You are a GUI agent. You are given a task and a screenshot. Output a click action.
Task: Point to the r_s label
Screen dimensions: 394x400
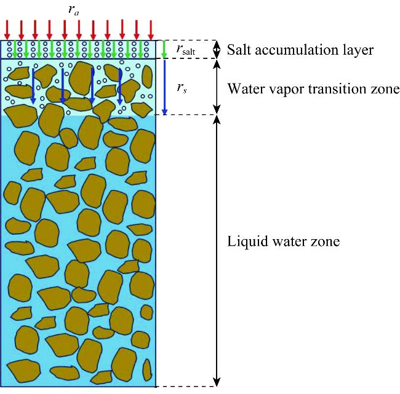click(x=182, y=89)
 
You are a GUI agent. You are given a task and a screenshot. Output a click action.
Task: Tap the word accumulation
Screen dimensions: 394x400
click(x=292, y=49)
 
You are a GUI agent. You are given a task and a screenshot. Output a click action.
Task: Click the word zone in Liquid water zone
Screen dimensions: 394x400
click(x=327, y=242)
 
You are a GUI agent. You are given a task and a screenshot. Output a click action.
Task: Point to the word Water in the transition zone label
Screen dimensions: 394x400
click(x=244, y=89)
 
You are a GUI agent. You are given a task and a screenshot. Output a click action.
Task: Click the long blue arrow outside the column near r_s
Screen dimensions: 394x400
click(x=164, y=86)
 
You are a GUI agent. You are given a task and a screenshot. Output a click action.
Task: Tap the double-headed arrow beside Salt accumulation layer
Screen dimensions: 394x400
click(x=215, y=49)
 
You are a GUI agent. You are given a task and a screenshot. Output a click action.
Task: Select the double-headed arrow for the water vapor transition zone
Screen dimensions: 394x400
click(x=215, y=86)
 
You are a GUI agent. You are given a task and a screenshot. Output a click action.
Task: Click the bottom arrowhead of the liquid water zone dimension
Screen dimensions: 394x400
click(x=215, y=381)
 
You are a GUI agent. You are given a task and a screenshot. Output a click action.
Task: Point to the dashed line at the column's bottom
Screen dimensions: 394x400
click(x=185, y=387)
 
